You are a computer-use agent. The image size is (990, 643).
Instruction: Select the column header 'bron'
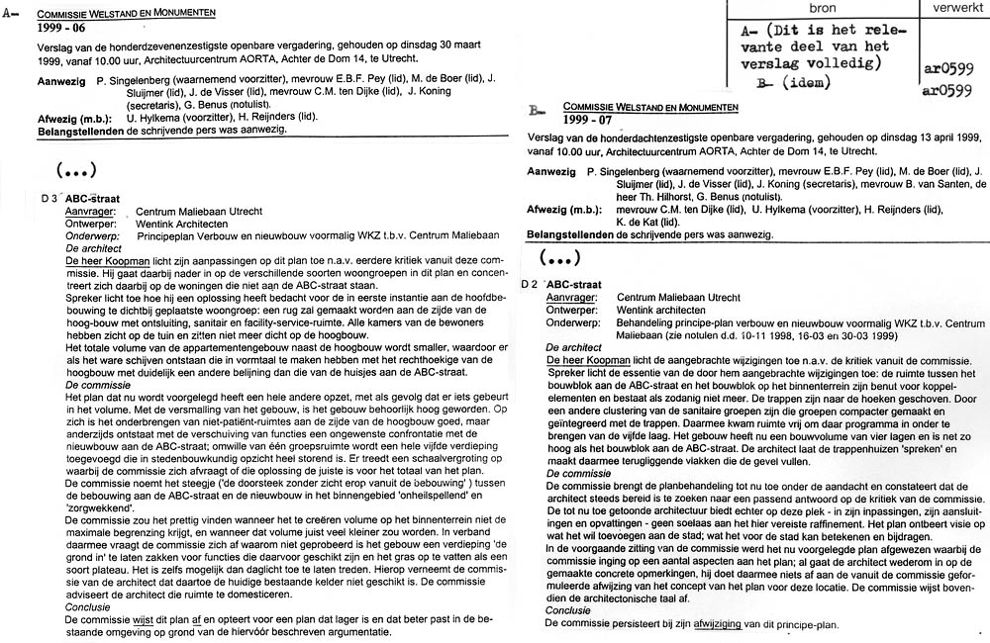pyautogui.click(x=822, y=8)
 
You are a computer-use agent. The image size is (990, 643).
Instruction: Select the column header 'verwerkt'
pyautogui.click(x=953, y=8)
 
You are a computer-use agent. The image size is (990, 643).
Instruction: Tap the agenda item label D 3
pyautogui.click(x=52, y=198)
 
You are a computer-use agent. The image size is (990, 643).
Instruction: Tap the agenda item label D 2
pyautogui.click(x=533, y=283)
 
